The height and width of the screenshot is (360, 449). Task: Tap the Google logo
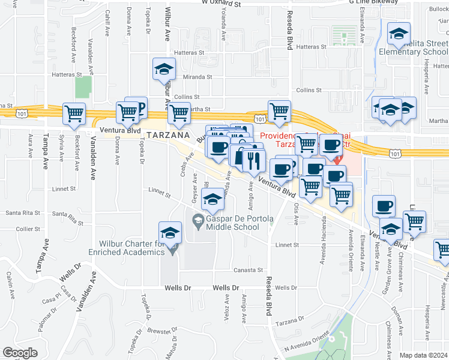click(20, 353)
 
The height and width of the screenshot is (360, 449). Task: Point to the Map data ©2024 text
click(424, 355)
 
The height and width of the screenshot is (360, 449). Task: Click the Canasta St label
click(249, 270)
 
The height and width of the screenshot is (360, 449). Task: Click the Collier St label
click(29, 229)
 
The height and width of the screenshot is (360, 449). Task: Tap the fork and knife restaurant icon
click(253, 160)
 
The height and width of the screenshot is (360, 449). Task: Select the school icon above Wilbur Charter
click(170, 233)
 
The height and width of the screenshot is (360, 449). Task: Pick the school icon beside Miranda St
click(163, 70)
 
